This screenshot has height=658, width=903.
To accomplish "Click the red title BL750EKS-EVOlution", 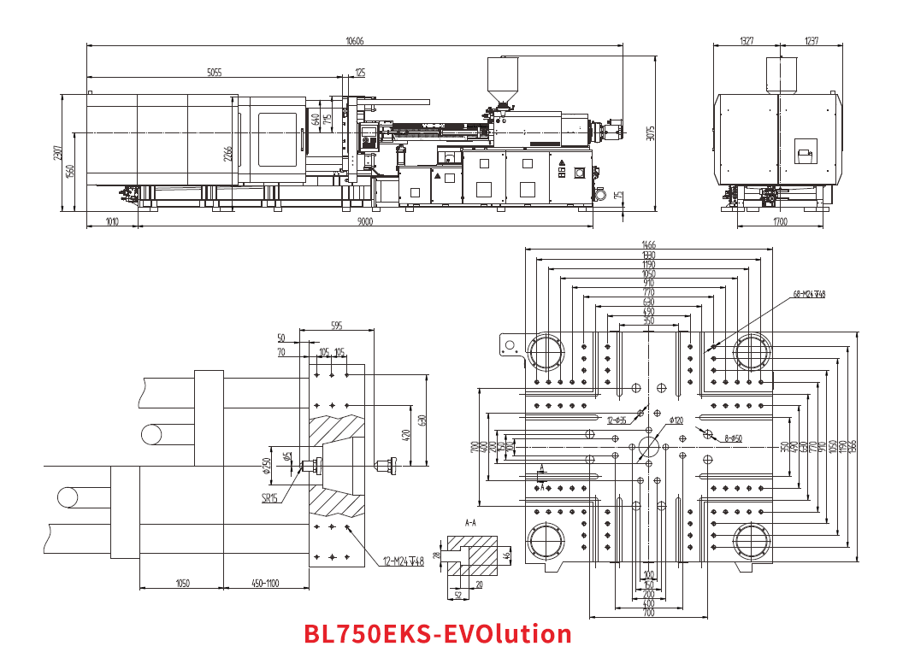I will (438, 634).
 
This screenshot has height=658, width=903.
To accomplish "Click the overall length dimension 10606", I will (354, 41).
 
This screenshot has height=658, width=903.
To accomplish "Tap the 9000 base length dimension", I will (365, 222).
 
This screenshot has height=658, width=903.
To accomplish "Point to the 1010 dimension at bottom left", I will (111, 222).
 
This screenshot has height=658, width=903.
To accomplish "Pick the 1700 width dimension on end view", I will (780, 222).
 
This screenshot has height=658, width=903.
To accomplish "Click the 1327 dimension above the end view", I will (747, 41).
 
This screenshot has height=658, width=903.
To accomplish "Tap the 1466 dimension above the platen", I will (648, 245).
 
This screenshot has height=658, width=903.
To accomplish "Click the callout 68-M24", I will (809, 295).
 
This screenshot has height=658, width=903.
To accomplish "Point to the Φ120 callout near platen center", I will (676, 420).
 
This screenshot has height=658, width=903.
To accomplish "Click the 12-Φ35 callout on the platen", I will (617, 420).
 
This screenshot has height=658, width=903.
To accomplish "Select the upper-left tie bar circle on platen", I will (546, 352).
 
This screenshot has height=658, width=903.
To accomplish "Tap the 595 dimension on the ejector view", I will (335, 326).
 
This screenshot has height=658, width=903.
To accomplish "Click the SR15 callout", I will (270, 499).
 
